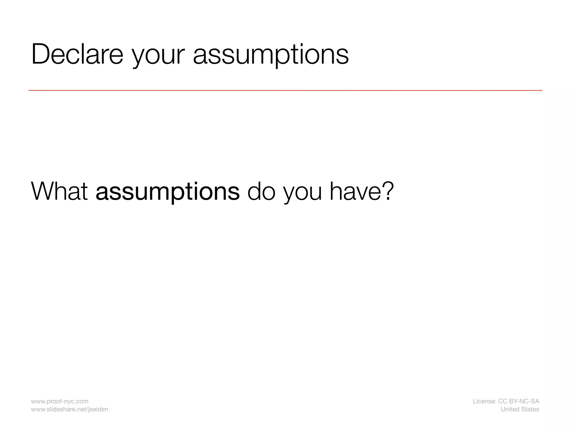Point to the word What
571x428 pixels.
tap(59, 191)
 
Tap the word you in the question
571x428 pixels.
tap(303, 193)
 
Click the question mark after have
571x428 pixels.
tap(388, 191)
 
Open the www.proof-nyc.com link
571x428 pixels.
tap(60, 402)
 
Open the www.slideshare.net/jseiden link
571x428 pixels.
tap(70, 409)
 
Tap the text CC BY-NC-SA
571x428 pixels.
tap(519, 402)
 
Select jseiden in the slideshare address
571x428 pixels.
tap(98, 409)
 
